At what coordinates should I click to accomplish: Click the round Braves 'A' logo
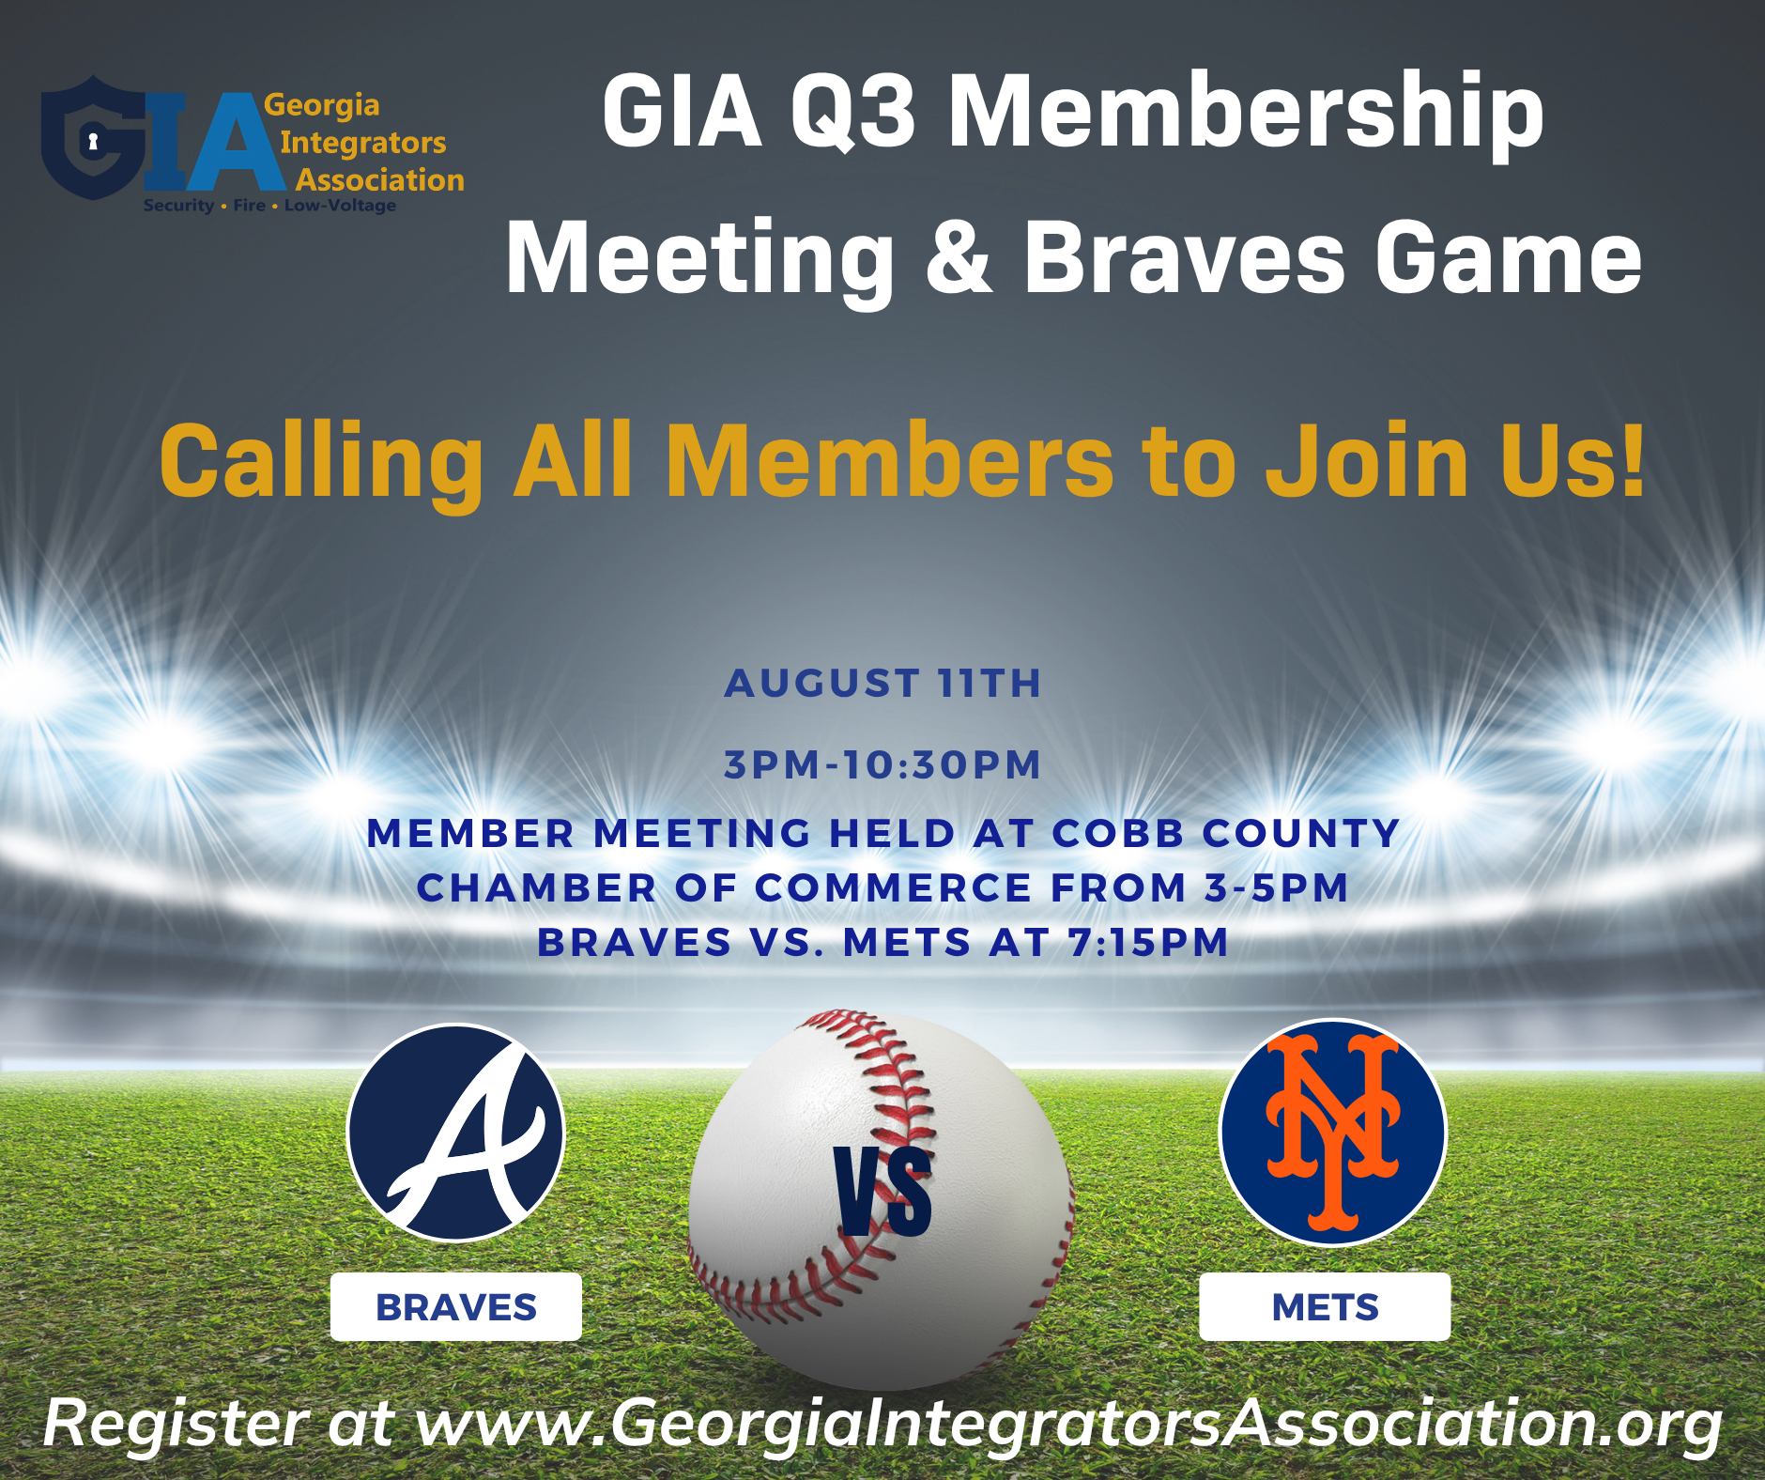point(456,1133)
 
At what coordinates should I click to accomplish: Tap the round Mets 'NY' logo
point(1332,1133)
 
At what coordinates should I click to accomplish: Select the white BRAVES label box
point(456,1306)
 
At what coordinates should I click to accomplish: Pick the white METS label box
point(1325,1306)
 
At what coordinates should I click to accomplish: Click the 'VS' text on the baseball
point(883,1192)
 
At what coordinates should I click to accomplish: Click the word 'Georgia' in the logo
point(322,105)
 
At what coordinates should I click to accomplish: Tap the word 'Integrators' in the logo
point(363,143)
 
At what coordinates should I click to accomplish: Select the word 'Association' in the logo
point(380,179)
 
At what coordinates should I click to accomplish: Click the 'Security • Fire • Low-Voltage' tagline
point(269,205)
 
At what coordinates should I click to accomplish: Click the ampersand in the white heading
point(959,256)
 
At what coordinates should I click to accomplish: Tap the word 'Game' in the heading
point(1510,256)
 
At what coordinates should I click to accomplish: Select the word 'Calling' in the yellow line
point(321,461)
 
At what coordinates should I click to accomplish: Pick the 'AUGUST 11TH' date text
point(882,683)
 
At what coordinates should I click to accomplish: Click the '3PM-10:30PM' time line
point(882,764)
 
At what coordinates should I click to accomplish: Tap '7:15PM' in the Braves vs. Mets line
point(1148,942)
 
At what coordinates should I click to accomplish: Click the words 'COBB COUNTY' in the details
point(1226,833)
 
